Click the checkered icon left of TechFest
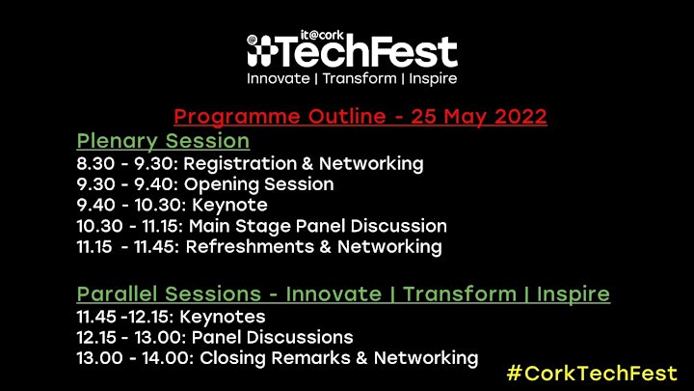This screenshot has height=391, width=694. pos(261,51)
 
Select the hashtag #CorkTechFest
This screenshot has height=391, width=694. pos(592,373)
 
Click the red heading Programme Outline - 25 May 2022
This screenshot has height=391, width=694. pos(360,117)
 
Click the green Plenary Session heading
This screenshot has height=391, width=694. pos(163,141)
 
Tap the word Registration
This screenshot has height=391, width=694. pos(240,164)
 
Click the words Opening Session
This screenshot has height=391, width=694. pos(259,184)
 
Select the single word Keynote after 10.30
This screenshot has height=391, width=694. pos(229,206)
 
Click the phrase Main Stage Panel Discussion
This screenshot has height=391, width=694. pos(318,226)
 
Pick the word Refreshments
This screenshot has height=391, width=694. pos(250,246)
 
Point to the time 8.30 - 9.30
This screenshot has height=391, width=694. pos(127,163)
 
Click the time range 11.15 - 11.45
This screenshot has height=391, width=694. pos(127,247)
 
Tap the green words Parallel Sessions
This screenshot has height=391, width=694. pos(169,293)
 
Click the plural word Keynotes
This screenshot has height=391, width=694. pos(223,317)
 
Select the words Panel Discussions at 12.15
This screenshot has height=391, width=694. pos(272,337)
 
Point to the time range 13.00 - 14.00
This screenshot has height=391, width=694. pos(135,358)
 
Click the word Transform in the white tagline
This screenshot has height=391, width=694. pos(360,79)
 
